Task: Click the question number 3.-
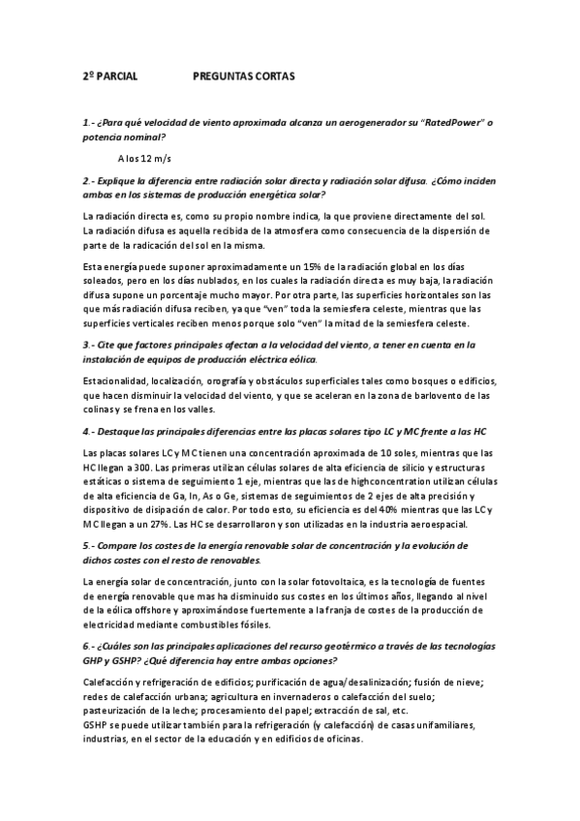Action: (x=90, y=345)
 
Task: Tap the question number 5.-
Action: (x=90, y=546)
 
